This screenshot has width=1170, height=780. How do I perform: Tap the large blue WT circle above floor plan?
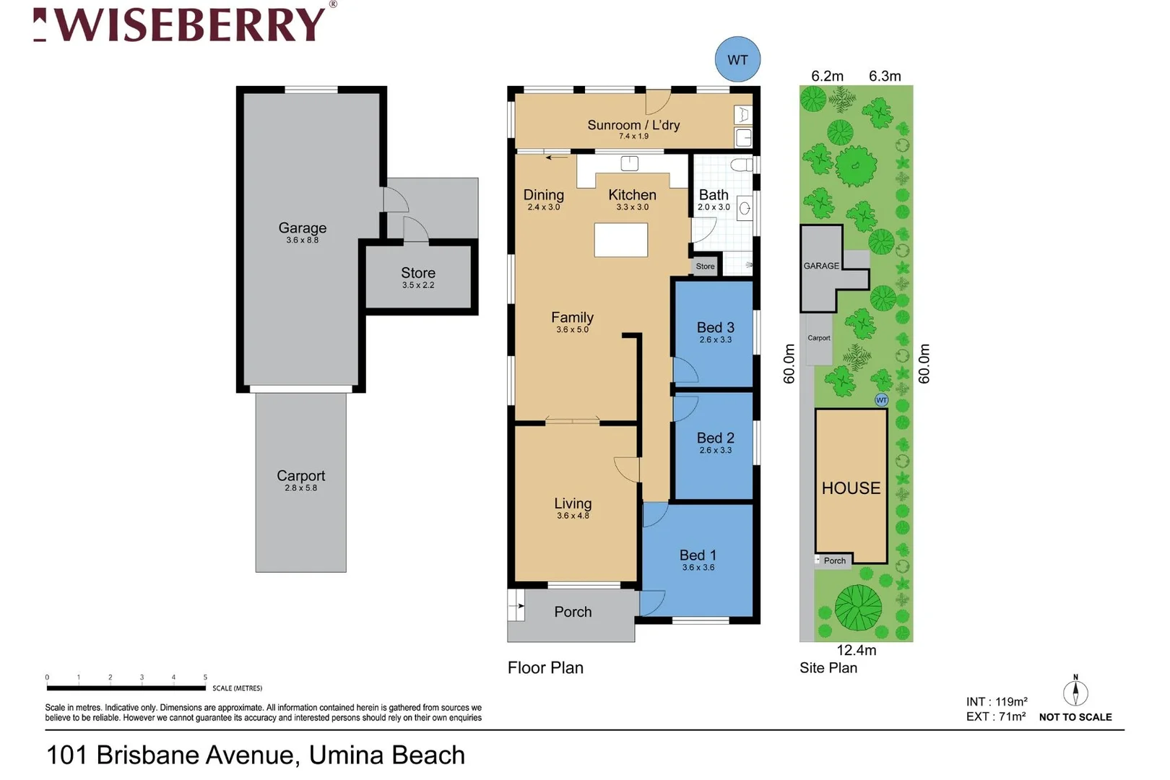[737, 60]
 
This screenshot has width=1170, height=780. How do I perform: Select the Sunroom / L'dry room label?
[633, 125]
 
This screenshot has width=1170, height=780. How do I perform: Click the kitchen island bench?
[620, 240]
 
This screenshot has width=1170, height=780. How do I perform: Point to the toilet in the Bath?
[742, 165]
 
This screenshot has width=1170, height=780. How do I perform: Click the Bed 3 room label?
[715, 327]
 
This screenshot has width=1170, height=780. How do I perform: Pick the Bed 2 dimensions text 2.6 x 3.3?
[715, 450]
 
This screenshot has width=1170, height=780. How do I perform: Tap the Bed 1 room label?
[698, 555]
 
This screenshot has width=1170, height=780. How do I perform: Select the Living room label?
[573, 503]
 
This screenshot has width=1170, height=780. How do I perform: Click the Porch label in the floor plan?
[573, 612]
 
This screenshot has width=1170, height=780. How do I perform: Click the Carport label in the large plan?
[300, 475]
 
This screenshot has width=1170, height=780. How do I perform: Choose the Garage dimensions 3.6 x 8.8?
[302, 240]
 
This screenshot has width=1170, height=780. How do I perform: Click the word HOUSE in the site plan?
[851, 488]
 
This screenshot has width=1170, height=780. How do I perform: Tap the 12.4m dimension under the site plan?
[856, 650]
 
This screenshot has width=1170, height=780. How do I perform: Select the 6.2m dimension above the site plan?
[827, 76]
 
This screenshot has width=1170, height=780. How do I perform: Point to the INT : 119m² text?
[996, 701]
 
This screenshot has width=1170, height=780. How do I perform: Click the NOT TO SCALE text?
[1075, 717]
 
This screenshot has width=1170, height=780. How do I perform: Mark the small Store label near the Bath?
[705, 266]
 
